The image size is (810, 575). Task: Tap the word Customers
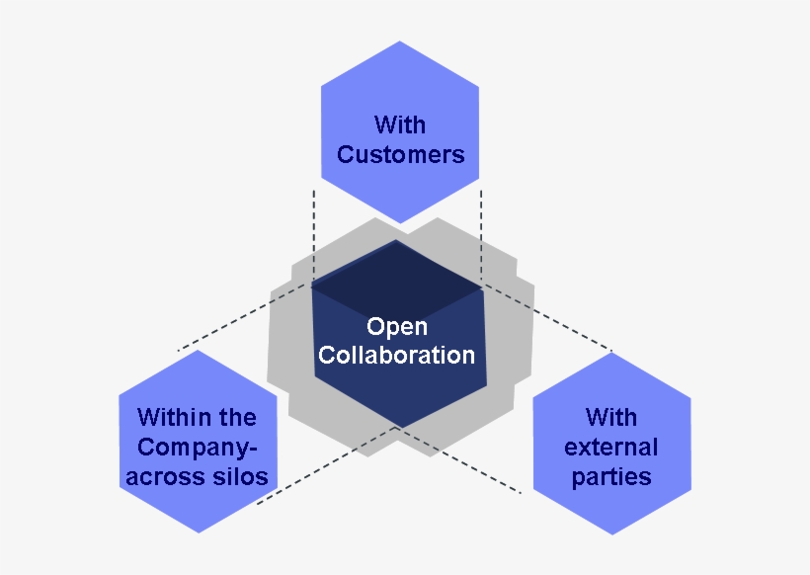[400, 155]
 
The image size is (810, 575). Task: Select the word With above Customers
[400, 124]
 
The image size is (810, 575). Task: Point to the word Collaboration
[396, 355]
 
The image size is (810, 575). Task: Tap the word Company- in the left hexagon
[197, 447]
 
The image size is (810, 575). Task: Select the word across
[164, 476]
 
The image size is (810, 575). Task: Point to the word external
[610, 447]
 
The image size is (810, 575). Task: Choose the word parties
[610, 476]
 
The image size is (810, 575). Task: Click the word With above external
[610, 417]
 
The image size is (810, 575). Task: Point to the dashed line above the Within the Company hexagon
[237, 322]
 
